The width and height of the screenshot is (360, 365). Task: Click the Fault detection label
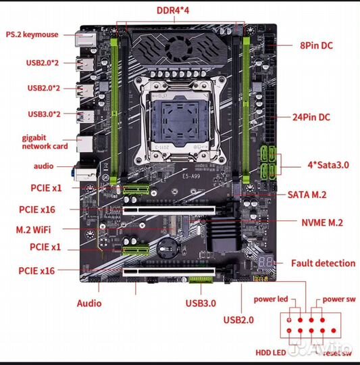coord(323,263)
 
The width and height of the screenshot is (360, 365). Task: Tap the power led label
coord(270,299)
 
